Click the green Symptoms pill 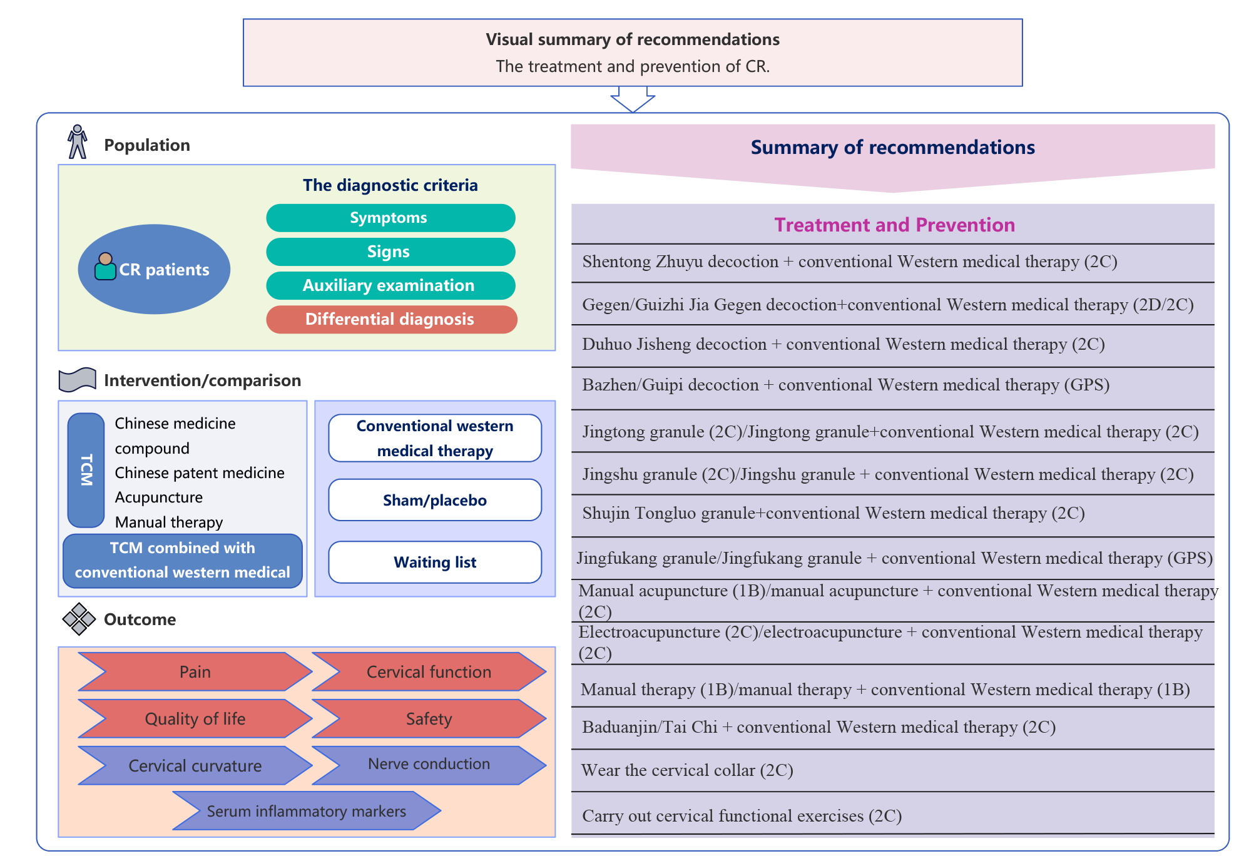tap(390, 218)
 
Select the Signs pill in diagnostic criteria tap(390, 252)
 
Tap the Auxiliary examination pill tap(390, 285)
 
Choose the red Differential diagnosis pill tap(391, 319)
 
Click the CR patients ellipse tap(154, 269)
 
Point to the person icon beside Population tap(78, 142)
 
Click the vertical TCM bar tap(86, 470)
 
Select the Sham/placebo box tap(435, 500)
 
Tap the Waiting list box tap(435, 562)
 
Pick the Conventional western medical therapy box tap(435, 438)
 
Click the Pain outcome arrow tap(195, 671)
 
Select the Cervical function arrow tap(429, 671)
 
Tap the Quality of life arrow tap(195, 718)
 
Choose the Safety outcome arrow tap(429, 718)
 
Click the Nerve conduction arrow tap(429, 765)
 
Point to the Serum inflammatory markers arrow tap(307, 811)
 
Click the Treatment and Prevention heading tap(894, 225)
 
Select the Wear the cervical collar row tap(892, 770)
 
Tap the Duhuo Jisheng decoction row tap(892, 345)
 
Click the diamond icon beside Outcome tap(79, 619)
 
